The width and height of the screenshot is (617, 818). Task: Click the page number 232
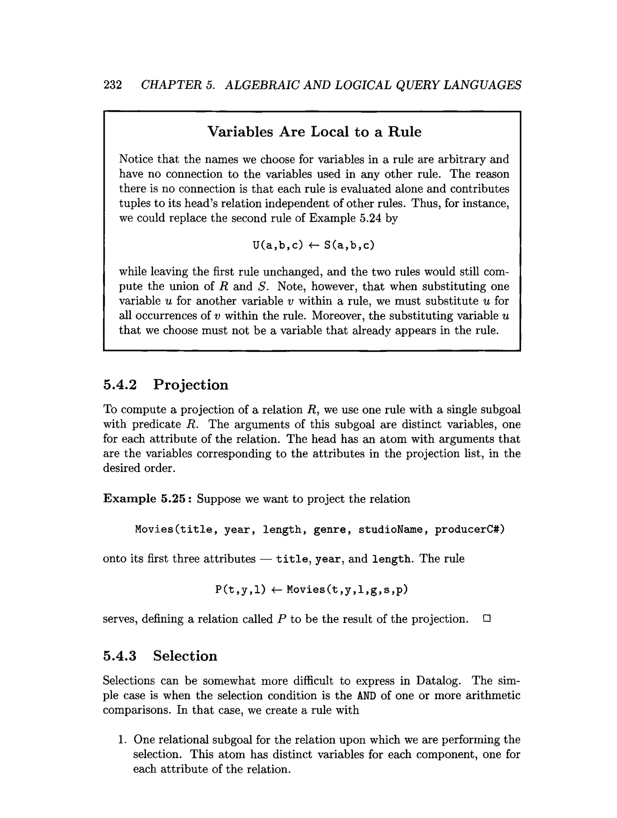coord(112,85)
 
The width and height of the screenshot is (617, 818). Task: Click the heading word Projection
coord(191,385)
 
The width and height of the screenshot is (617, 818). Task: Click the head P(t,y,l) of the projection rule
coord(240,589)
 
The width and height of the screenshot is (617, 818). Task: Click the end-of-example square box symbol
coord(487,618)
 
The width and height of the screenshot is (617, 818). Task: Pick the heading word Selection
coord(185,656)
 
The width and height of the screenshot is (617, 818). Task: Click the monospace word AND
coord(367,696)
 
